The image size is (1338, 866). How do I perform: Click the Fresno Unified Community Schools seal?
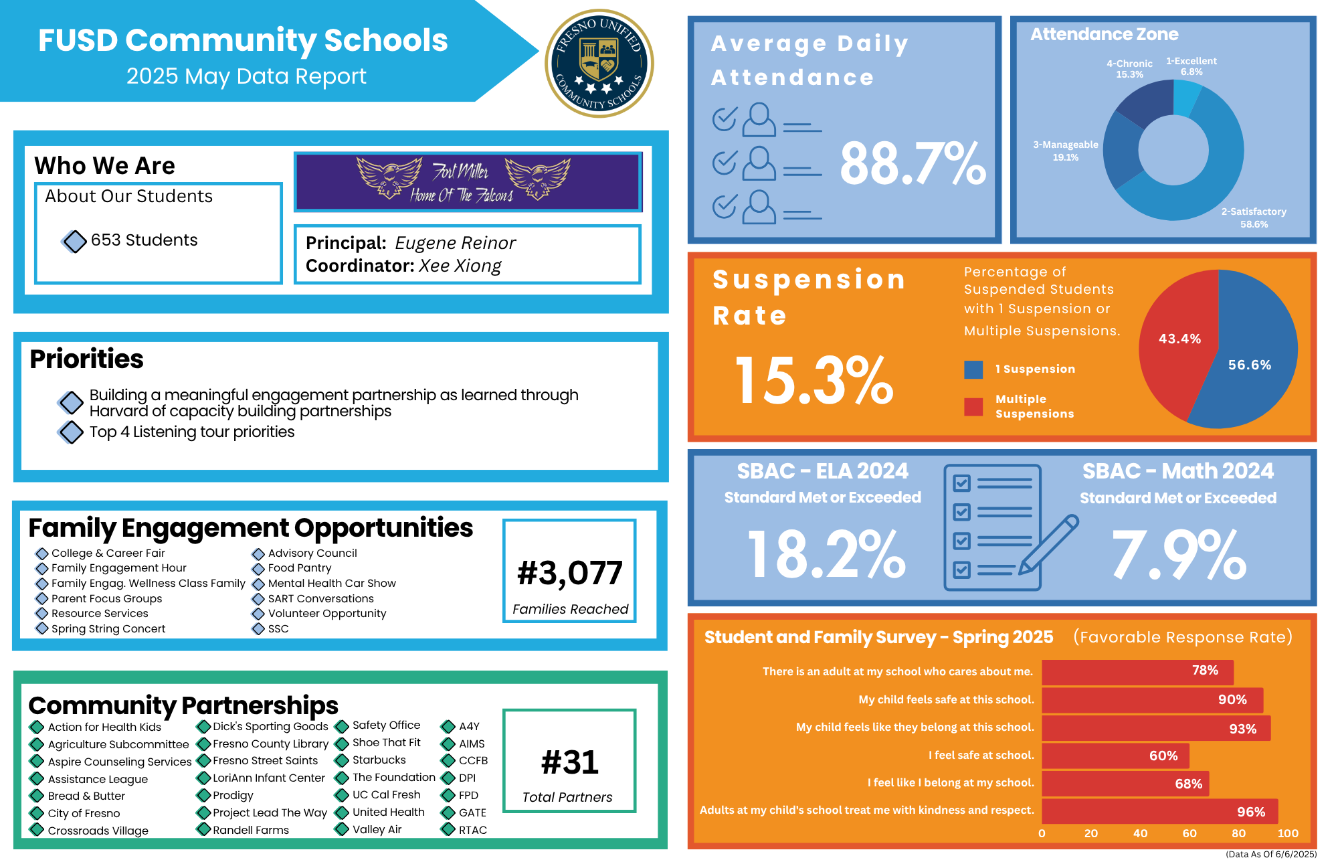(599, 64)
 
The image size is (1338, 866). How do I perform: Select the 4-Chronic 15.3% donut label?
(1129, 69)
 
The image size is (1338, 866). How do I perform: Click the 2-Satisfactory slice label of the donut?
(1254, 218)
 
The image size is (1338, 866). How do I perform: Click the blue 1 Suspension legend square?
(973, 369)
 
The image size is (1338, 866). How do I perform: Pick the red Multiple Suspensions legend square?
(973, 407)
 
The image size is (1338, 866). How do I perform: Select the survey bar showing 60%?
(1115, 756)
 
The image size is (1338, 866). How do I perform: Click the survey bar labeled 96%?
(1159, 812)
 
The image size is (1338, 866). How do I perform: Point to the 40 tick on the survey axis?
(1140, 834)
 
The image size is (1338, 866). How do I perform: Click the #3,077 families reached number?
(569, 573)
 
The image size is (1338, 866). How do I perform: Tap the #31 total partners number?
(569, 762)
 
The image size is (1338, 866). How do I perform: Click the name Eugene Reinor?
(455, 243)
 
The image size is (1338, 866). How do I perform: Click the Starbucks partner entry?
(379, 760)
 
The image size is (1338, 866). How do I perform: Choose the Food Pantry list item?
(299, 568)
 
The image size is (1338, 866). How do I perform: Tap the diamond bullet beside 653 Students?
(74, 241)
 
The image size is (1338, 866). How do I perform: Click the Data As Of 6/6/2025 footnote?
(1270, 855)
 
